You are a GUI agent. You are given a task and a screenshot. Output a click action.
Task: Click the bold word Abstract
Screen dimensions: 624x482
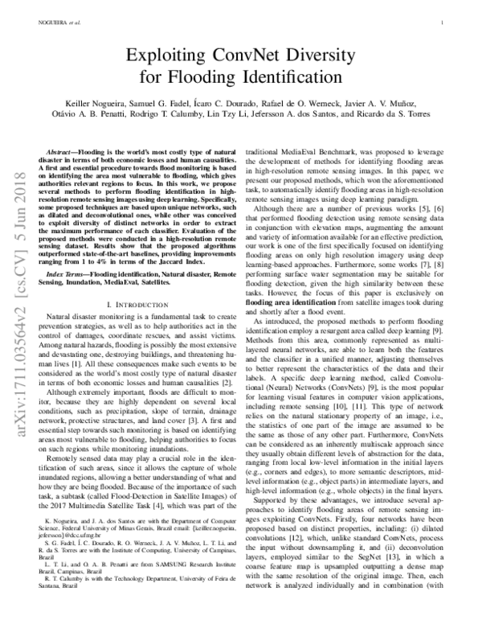tap(62, 151)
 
